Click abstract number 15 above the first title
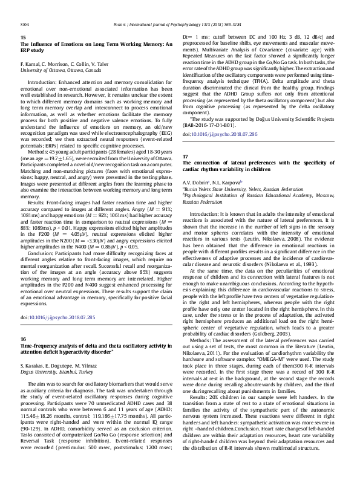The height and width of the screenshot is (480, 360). pos(23,37)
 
